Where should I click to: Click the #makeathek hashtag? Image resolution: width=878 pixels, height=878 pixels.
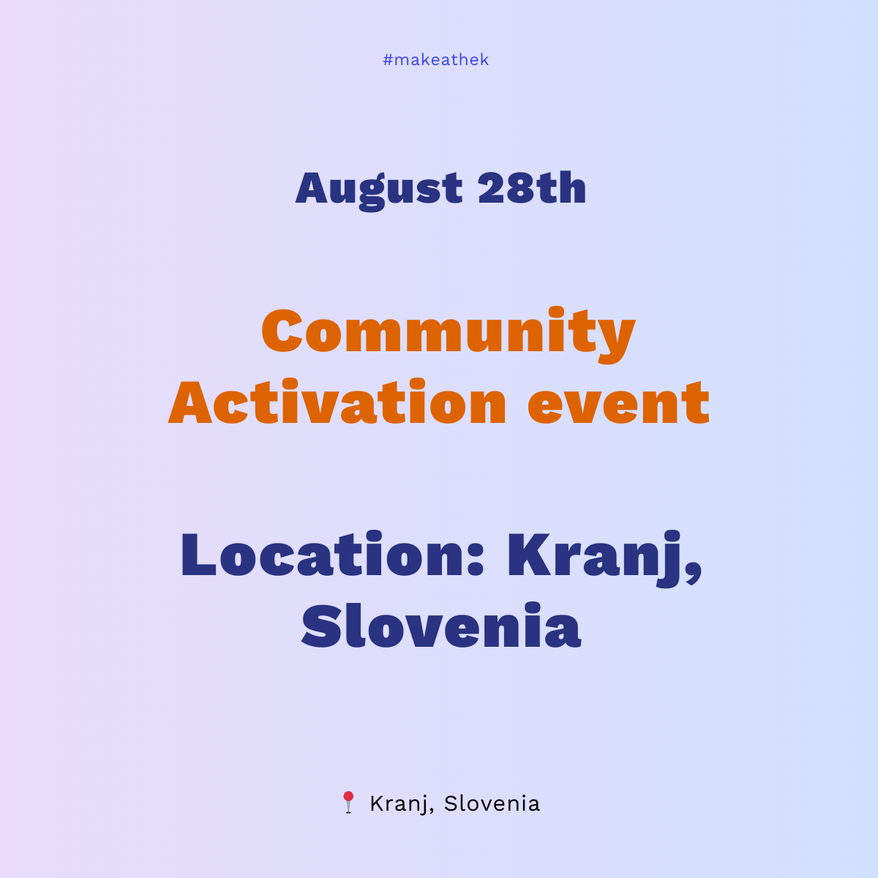(435, 60)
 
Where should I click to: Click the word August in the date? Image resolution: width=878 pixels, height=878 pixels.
(379, 188)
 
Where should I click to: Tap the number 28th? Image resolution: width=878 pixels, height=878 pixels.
(532, 188)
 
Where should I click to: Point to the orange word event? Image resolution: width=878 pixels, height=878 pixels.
(618, 404)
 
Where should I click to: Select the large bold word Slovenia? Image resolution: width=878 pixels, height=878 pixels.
(441, 627)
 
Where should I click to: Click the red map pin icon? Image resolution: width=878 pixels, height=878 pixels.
(348, 801)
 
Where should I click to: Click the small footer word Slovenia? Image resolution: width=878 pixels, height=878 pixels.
(492, 803)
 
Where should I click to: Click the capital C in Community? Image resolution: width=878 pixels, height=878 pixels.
(282, 331)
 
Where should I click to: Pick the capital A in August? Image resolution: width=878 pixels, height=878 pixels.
(311, 188)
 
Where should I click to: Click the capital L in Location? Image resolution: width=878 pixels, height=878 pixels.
(199, 555)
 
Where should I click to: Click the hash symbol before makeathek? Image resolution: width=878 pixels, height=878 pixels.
(388, 60)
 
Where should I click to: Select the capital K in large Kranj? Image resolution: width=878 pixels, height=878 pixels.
(528, 555)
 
